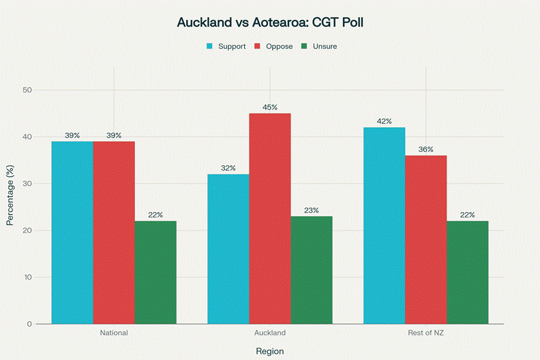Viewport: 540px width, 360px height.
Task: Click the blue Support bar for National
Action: click(x=72, y=232)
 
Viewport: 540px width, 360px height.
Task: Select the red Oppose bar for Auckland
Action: click(x=270, y=218)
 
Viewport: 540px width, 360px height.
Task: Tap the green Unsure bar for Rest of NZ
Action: click(x=468, y=273)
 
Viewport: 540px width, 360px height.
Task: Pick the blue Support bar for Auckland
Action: click(x=228, y=249)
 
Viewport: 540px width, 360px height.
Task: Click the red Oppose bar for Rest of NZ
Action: click(x=426, y=239)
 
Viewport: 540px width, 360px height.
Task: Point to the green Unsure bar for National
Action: click(x=155, y=273)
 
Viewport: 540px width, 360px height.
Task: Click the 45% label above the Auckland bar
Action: click(x=270, y=106)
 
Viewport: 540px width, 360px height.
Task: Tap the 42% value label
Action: click(x=385, y=121)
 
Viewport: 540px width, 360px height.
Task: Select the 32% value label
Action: click(x=228, y=168)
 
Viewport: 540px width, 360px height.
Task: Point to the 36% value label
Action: click(x=426, y=149)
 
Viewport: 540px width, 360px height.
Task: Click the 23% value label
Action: click(x=312, y=210)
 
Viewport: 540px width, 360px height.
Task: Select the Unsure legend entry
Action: click(x=319, y=46)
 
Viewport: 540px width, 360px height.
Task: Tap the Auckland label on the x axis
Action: click(x=270, y=333)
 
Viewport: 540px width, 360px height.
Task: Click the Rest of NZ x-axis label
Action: click(x=426, y=333)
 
